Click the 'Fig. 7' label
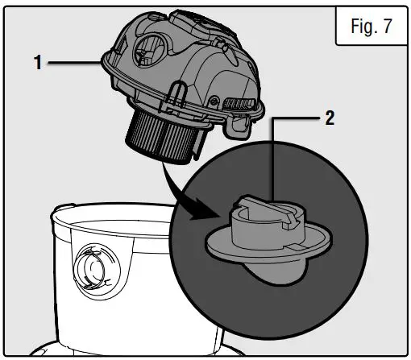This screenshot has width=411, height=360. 370,26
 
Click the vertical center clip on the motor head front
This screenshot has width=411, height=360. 172,100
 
